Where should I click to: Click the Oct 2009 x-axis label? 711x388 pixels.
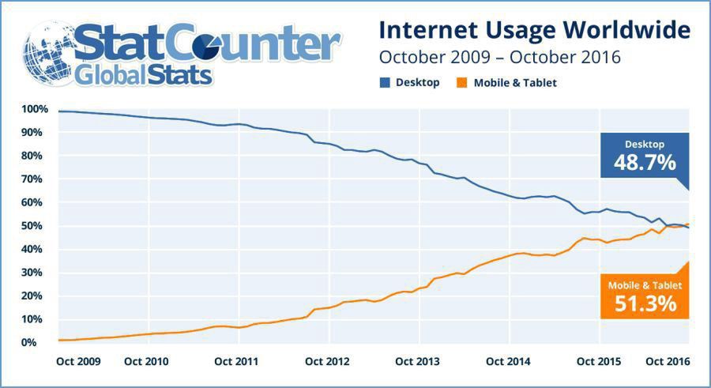point(78,362)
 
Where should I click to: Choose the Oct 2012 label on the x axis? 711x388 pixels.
point(327,362)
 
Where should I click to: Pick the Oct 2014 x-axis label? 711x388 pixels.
point(508,362)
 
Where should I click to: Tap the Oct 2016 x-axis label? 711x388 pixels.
point(667,362)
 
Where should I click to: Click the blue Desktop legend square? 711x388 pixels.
point(386,82)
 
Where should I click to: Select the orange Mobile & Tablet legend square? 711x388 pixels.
point(463,82)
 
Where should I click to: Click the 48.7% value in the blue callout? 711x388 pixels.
point(645,164)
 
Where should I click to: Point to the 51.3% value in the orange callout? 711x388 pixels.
point(645,303)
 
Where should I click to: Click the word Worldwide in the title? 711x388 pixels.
point(632,31)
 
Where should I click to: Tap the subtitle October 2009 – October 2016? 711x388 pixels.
point(499,58)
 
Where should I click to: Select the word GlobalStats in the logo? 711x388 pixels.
point(145,75)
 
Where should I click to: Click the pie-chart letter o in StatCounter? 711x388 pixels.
point(243,43)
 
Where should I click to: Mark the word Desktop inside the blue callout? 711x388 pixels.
point(645,144)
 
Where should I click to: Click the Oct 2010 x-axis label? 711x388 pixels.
point(146,362)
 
